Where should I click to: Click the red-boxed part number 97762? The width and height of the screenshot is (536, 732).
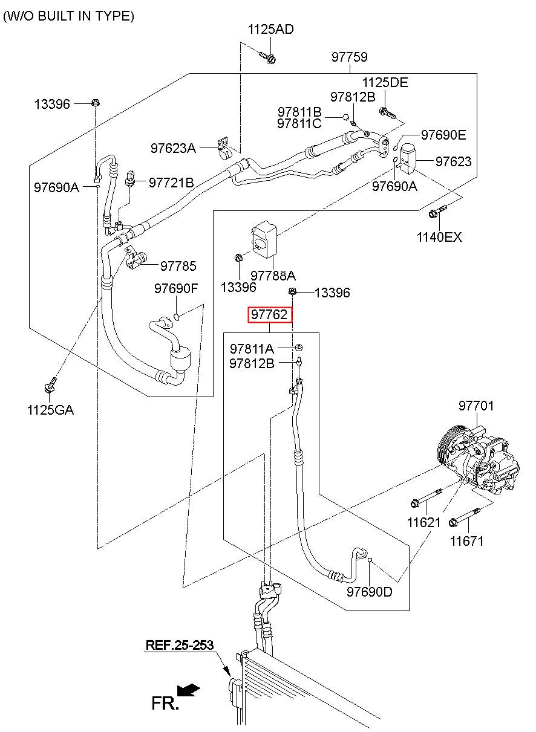click(269, 315)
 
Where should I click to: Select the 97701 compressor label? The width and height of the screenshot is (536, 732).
click(476, 406)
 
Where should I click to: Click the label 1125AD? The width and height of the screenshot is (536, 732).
click(271, 30)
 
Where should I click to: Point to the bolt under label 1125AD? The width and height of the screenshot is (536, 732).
click(267, 57)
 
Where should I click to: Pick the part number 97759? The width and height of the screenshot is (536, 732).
click(349, 57)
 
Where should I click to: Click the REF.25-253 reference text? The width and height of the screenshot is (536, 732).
click(180, 645)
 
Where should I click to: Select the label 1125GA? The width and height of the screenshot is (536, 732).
click(50, 410)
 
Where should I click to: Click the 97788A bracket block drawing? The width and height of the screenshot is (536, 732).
click(264, 239)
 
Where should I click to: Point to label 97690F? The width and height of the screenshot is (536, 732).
click(176, 288)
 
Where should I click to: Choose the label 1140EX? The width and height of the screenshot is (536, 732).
click(439, 237)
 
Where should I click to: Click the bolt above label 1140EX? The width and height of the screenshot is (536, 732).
click(437, 211)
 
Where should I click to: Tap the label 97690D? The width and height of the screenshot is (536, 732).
click(370, 592)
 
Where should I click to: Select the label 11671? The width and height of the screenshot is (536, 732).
click(466, 541)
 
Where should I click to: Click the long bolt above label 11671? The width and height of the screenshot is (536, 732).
click(464, 517)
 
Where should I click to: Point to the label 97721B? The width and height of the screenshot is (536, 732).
click(171, 183)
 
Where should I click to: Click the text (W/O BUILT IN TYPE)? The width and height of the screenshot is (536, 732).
click(68, 16)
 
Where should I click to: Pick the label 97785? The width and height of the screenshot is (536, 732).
click(178, 267)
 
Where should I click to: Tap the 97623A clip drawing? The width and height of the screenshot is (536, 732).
click(224, 148)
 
